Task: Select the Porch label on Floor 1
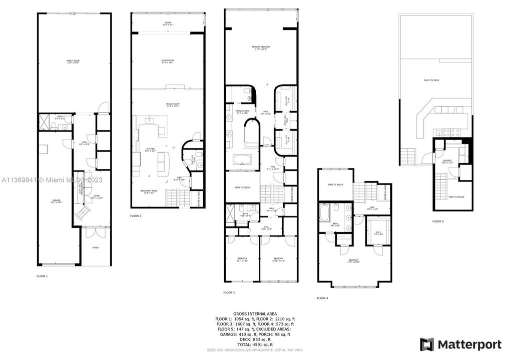point(96,247)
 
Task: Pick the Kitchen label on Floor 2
point(150,149)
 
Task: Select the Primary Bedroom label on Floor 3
point(261,48)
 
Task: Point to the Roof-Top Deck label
point(431,79)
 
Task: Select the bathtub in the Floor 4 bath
point(324,216)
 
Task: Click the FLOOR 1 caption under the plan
point(42,276)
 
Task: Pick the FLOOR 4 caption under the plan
point(322,298)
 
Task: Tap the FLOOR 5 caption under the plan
point(438,220)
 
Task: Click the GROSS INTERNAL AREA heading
point(255,313)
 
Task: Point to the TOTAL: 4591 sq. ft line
point(255,344)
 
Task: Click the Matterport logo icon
point(426,344)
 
